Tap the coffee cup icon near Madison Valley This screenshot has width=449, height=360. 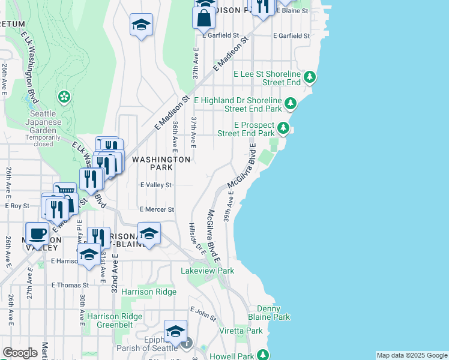37,233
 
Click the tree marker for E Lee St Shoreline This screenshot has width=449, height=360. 310,77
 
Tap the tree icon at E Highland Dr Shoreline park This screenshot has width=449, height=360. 291,104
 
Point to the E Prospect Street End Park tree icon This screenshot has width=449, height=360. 283,128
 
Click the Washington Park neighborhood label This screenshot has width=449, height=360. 161,164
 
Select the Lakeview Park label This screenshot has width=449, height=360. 208,271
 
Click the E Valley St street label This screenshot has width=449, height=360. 156,185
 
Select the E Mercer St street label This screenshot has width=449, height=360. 157,210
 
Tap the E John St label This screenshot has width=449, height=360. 203,310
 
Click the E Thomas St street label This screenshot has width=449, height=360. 70,285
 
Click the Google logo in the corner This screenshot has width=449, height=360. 20,353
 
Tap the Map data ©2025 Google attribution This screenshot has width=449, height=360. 412,355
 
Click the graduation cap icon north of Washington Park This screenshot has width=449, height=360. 142,25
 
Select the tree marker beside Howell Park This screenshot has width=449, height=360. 262,356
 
